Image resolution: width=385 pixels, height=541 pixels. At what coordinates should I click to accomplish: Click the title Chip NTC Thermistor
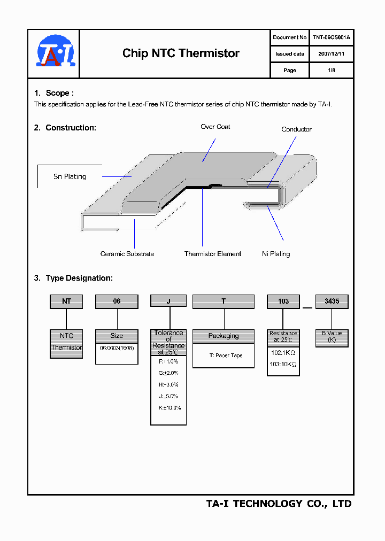(181, 53)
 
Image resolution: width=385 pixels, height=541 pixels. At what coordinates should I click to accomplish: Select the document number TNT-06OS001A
(331, 37)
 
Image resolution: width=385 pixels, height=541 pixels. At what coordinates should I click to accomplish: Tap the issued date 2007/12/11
(331, 54)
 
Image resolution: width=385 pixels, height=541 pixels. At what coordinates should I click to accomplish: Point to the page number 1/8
(331, 71)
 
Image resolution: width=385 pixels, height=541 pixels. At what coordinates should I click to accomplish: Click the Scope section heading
(54, 93)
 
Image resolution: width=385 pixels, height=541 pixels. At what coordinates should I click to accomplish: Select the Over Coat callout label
(215, 127)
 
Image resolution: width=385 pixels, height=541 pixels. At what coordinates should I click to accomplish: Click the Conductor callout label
(296, 129)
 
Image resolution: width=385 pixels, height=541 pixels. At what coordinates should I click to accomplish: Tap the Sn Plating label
(70, 176)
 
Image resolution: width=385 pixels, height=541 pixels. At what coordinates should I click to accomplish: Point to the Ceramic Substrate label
(127, 254)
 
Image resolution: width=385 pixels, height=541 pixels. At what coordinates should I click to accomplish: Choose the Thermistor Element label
(213, 254)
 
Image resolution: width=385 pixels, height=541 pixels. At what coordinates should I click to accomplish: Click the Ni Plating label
(276, 254)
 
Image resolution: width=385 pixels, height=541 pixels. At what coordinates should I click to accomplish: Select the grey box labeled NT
(66, 302)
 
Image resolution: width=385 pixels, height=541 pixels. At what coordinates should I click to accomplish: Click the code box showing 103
(283, 302)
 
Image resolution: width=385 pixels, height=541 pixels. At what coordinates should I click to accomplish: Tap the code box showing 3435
(332, 302)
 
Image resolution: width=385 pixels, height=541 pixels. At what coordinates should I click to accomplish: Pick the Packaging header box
(224, 336)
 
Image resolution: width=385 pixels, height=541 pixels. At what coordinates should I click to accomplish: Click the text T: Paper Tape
(226, 355)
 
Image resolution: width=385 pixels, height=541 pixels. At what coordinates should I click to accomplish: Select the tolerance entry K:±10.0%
(169, 407)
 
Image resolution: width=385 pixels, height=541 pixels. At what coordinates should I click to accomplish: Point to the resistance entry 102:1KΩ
(283, 353)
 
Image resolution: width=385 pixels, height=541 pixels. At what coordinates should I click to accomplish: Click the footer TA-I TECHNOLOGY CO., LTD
(279, 504)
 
